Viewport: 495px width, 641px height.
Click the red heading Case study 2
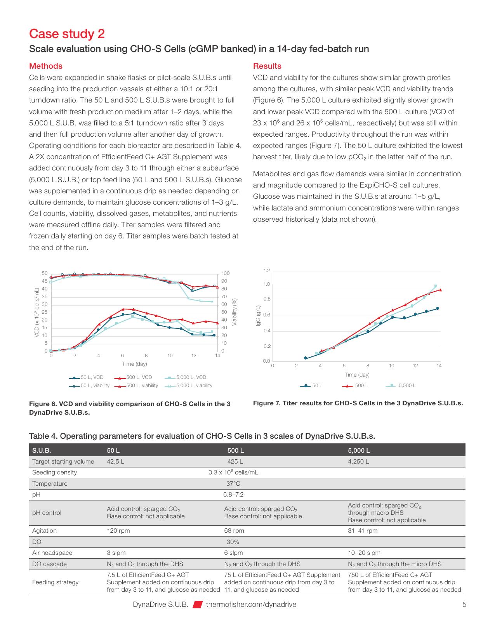[67, 34]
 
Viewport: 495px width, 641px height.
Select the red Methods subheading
[46, 66]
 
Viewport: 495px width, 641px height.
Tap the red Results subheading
[267, 66]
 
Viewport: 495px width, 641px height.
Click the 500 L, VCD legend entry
[133, 377]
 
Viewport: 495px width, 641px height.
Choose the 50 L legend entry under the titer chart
[311, 386]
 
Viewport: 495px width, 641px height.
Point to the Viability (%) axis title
[234, 312]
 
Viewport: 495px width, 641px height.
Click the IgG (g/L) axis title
[259, 315]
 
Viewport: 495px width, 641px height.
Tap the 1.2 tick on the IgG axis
[267, 271]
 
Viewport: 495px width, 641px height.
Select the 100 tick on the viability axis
[226, 273]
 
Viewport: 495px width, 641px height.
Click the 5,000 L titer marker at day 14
[436, 286]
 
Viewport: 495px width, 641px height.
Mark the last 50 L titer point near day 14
[438, 308]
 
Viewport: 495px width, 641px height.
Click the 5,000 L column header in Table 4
[359, 450]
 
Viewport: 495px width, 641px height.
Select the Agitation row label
[44, 531]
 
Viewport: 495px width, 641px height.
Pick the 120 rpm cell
[118, 531]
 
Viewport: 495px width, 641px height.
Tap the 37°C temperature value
[233, 483]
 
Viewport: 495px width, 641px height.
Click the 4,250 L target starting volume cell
[358, 462]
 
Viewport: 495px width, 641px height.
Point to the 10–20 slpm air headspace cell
[364, 553]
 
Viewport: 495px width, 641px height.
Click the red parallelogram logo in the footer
[197, 605]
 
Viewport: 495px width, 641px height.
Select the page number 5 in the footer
[464, 605]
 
